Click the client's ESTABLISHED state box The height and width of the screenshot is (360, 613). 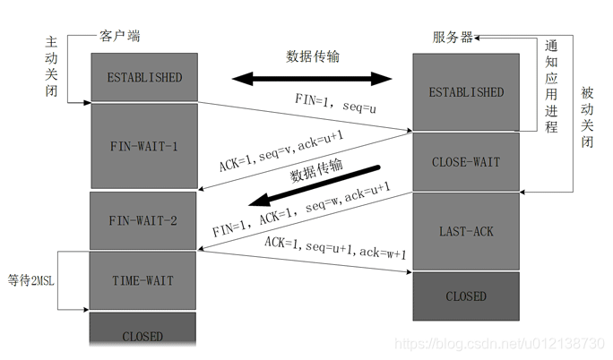tap(143, 78)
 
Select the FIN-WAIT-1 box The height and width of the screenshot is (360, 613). tap(143, 145)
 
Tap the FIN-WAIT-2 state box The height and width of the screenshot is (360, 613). tap(143, 220)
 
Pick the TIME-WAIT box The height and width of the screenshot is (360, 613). tap(143, 280)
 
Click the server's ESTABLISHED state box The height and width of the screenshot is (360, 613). tap(466, 92)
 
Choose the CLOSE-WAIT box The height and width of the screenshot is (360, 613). tap(466, 162)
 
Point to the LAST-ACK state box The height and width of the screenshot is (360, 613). tap(466, 231)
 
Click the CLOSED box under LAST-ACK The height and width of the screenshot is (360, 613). tap(466, 296)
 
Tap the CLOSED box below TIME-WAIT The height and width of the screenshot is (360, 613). tap(143, 336)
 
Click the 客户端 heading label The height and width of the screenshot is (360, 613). tap(119, 37)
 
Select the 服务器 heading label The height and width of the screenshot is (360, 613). tap(453, 38)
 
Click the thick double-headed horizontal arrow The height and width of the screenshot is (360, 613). tap(314, 80)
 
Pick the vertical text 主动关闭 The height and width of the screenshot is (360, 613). tap(52, 67)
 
